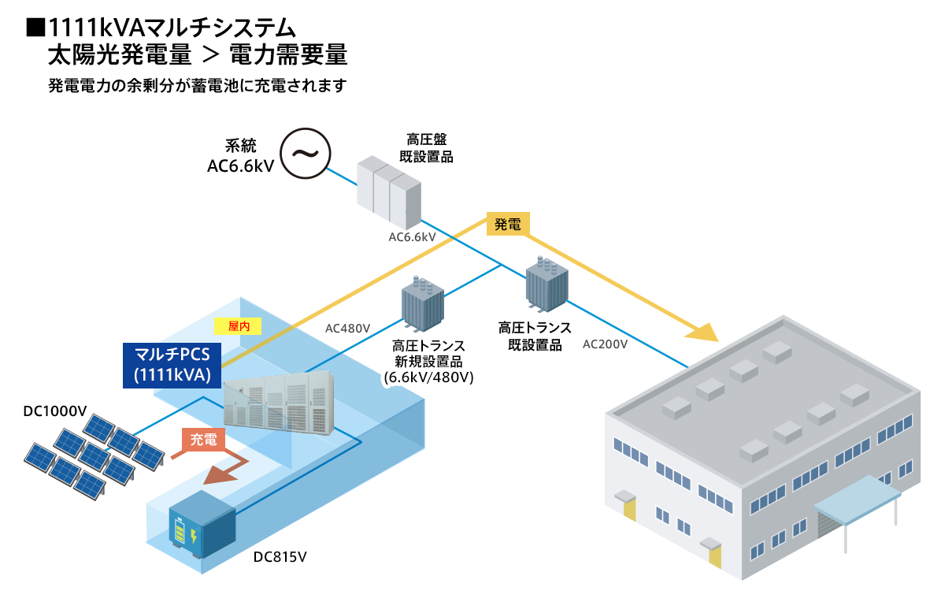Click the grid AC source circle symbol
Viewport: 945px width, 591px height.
coord(306,153)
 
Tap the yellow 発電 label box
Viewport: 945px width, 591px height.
coord(508,224)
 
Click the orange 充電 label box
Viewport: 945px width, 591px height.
coord(203,440)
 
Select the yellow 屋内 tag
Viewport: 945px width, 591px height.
coord(238,326)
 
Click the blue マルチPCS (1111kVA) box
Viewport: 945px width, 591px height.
coord(172,365)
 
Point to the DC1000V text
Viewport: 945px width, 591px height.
coord(55,411)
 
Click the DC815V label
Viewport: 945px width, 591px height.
coord(280,557)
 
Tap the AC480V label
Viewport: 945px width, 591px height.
coord(347,328)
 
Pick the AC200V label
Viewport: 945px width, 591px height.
coord(605,344)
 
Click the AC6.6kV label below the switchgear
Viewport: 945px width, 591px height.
coord(412,237)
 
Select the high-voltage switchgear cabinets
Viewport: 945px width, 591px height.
coord(389,192)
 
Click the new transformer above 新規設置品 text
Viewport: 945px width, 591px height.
coord(422,304)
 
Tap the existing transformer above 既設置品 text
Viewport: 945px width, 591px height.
coord(547,284)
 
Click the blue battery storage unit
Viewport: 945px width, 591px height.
coord(202,525)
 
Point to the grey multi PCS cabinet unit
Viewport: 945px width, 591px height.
coord(279,403)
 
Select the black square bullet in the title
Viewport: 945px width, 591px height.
coord(35,28)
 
